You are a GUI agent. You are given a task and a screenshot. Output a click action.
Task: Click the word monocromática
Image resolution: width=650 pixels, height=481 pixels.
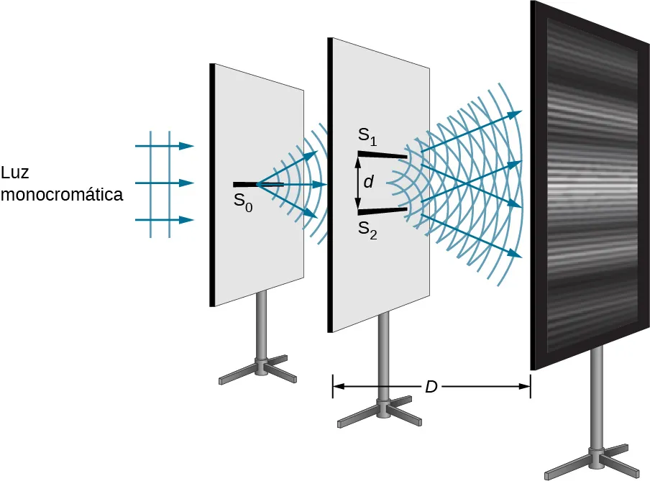[x=62, y=195]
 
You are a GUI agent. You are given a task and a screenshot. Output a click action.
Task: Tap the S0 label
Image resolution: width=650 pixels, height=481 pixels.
[x=243, y=202]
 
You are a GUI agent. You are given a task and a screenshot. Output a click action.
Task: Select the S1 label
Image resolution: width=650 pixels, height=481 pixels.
[x=367, y=135]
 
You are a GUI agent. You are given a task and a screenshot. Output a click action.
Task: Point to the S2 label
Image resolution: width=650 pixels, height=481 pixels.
[x=367, y=231]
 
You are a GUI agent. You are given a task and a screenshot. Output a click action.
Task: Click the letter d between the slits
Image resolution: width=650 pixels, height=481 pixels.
[x=368, y=183]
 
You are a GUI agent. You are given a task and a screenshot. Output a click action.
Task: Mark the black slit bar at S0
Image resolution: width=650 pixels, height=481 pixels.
[x=245, y=185]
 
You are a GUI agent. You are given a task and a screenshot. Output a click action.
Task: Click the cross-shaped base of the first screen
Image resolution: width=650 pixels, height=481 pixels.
[x=259, y=370]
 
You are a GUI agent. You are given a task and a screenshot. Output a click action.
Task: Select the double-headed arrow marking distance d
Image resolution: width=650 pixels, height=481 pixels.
[x=358, y=183]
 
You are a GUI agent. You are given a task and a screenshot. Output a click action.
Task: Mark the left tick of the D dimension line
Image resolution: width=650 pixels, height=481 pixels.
[x=332, y=386]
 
